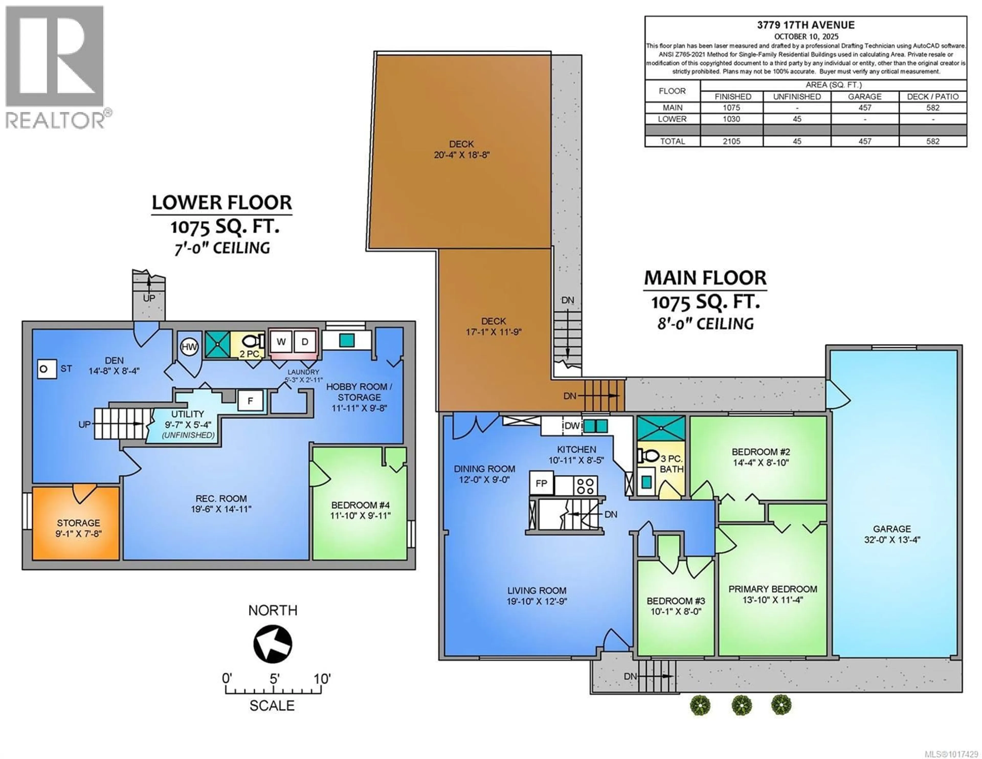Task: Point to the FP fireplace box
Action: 541,483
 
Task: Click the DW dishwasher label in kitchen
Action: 572,426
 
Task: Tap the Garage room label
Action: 892,529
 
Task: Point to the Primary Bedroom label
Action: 773,589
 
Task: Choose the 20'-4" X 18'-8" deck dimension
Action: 462,155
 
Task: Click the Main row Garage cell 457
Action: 865,107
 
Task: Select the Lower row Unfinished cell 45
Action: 797,119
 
